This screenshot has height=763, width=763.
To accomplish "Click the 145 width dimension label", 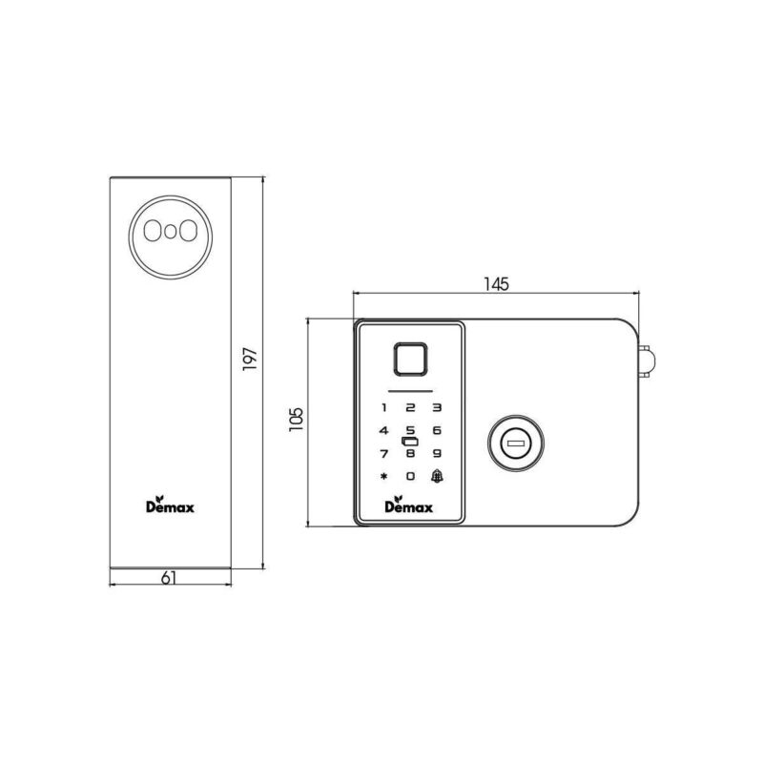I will pos(496,283).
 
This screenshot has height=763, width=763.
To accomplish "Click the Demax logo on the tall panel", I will pos(170,505).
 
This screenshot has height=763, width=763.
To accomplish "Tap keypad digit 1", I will pos(383,408).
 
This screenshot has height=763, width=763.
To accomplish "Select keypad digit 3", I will pos(437,408).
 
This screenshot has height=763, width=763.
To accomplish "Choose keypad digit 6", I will pos(437,430).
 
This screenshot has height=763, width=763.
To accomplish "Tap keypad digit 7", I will pos(383,453).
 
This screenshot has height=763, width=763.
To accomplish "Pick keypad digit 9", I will pos(437,453).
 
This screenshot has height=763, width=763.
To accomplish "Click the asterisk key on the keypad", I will pos(383,477).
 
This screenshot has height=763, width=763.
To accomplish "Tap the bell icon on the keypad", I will pos(437,477).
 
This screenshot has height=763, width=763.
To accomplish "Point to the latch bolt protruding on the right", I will pos(648,361).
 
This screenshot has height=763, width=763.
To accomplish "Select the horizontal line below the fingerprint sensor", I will pos(410,390).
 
